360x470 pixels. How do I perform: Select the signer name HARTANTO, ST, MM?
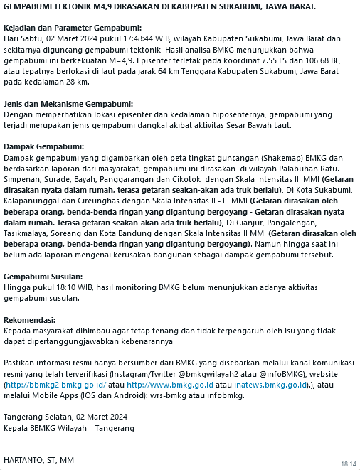coord(38,462)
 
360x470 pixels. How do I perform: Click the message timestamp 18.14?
coord(348,463)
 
